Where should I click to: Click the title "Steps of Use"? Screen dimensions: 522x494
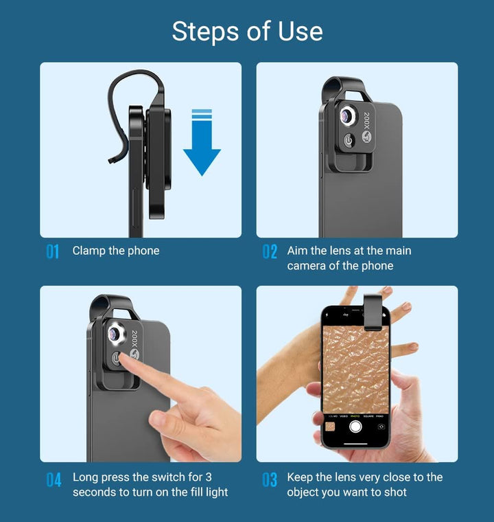tap(247, 32)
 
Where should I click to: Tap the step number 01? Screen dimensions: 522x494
tap(53, 252)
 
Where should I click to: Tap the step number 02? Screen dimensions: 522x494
tap(270, 252)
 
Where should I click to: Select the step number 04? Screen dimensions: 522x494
tap(54, 479)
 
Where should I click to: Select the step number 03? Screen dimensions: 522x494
tap(270, 479)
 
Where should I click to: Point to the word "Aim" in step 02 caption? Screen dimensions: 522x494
tap(298, 251)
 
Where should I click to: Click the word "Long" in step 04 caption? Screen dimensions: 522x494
tap(86, 477)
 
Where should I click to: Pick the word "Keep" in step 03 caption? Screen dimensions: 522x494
tap(301, 477)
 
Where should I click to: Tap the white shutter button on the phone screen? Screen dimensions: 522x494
tap(355, 427)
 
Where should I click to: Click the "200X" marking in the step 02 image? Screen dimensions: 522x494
tap(367, 120)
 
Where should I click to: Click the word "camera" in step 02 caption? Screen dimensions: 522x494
tap(305, 266)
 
